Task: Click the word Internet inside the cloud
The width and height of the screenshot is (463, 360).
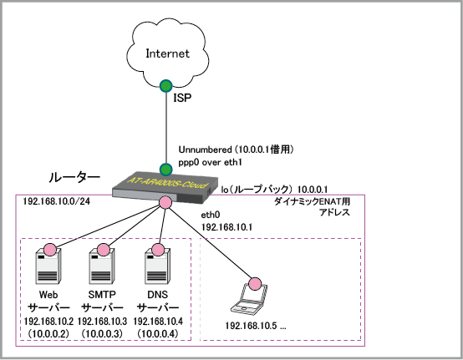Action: (x=167, y=53)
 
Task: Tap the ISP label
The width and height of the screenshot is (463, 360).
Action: (x=182, y=98)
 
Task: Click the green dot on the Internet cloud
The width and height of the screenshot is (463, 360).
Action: (x=166, y=86)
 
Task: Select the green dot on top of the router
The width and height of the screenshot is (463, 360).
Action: (x=166, y=170)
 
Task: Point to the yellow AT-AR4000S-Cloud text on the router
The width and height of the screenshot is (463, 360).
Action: (x=167, y=182)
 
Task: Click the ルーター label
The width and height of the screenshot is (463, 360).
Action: (x=74, y=177)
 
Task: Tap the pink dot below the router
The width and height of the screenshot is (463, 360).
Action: (x=165, y=202)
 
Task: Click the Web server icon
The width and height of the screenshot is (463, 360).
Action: (x=48, y=265)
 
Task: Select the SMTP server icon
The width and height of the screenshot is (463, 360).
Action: (x=102, y=265)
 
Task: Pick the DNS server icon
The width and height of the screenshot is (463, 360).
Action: (x=157, y=265)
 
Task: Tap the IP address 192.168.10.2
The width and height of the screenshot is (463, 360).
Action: (x=48, y=322)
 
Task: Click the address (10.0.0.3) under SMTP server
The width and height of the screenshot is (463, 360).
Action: (x=102, y=334)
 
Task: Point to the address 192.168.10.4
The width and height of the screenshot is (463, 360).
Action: (x=158, y=322)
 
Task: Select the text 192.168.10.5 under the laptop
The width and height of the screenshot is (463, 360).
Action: (x=251, y=326)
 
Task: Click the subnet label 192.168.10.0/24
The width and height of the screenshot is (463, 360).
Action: (x=56, y=201)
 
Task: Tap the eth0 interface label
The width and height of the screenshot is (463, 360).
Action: (x=211, y=215)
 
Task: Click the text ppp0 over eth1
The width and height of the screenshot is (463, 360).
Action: (x=210, y=163)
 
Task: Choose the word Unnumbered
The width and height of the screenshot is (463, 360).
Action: (x=205, y=150)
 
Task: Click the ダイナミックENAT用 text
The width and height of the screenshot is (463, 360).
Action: (x=312, y=201)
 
